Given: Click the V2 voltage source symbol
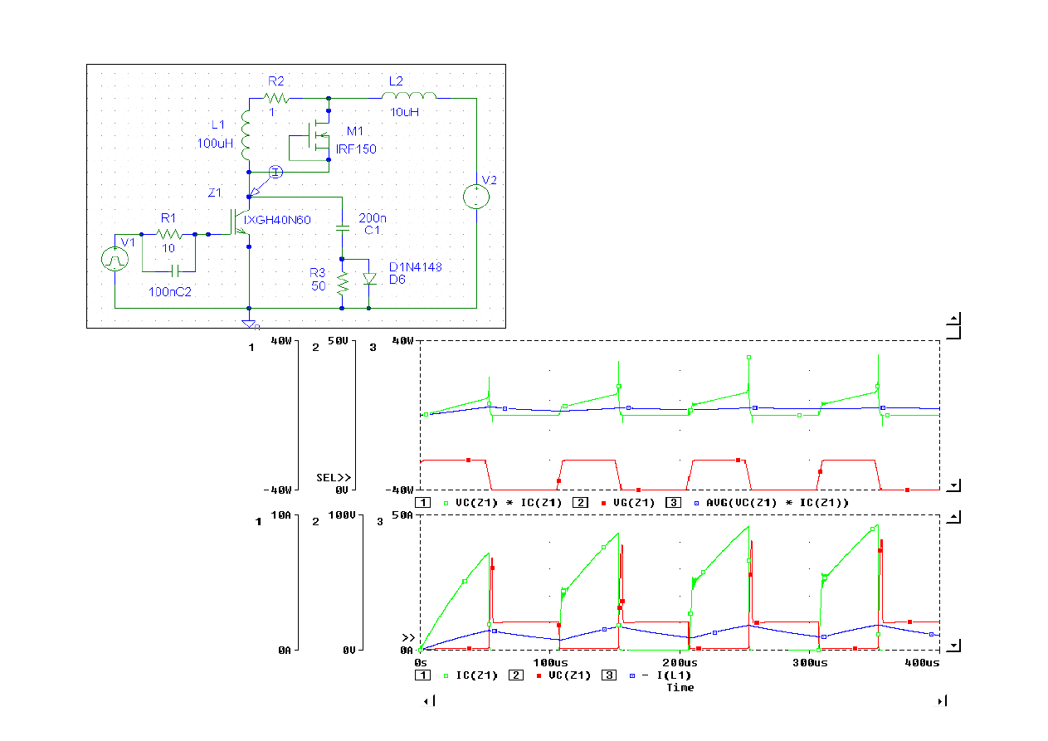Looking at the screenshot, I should (476, 197).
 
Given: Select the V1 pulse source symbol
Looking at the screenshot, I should (115, 260).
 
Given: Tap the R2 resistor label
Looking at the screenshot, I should (275, 80).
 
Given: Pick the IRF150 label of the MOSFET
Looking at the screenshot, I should (356, 149).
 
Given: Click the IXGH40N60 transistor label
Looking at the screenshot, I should (277, 220).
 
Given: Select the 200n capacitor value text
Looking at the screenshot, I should (373, 217).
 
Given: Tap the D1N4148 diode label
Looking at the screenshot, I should (416, 266).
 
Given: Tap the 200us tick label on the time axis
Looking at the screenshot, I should (680, 664).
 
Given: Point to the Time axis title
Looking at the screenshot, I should (680, 687).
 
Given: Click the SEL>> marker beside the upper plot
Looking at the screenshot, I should (334, 477).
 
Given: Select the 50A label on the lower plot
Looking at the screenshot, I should (402, 516).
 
